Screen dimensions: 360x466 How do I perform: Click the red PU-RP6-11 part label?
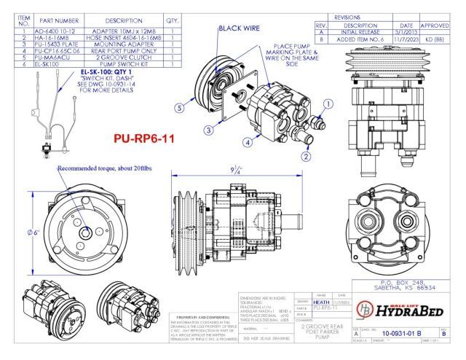pos(143,138)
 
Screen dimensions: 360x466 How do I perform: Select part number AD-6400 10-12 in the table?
pos(55,33)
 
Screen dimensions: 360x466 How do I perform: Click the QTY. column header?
pos(173,20)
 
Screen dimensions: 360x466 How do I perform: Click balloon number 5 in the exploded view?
pos(179,107)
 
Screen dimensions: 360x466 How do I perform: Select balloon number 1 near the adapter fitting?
pos(328,103)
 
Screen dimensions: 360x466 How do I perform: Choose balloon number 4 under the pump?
pos(248,142)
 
